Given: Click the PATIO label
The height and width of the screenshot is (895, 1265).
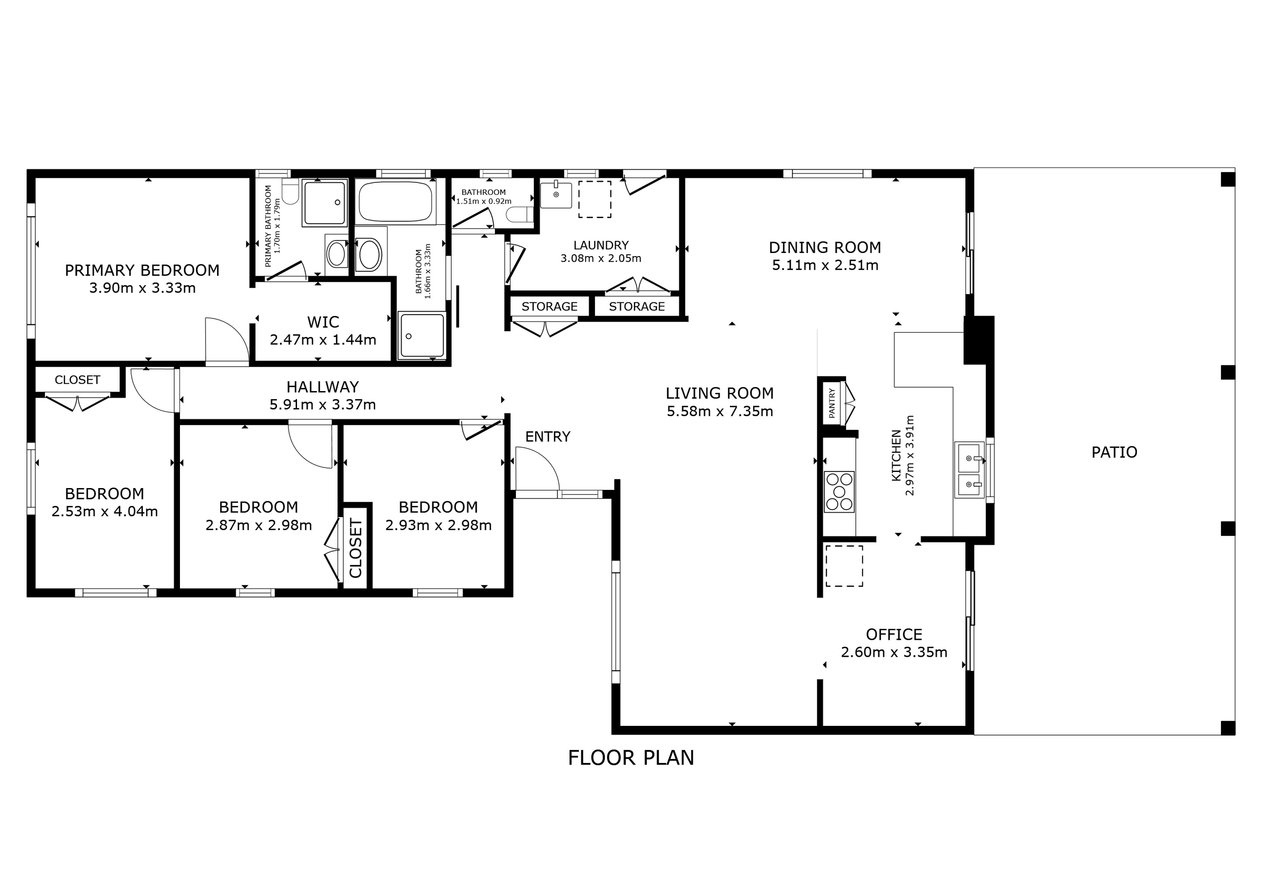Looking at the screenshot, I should coord(1114,452).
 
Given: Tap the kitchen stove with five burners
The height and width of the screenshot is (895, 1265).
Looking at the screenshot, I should coord(839,492).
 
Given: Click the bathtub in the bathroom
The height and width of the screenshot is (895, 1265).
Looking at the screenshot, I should coord(395,202).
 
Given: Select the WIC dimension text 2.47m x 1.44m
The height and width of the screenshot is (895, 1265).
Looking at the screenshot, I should coord(323,340).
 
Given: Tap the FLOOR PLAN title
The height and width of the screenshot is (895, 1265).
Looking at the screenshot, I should coord(631,758).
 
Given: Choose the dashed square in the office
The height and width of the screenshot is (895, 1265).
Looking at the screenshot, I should coord(843,566).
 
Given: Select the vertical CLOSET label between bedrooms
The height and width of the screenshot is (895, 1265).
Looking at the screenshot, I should coord(356,548).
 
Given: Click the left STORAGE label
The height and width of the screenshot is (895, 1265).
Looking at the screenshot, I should coord(550,307).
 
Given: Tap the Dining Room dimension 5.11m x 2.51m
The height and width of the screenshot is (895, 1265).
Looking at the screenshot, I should coord(825,266).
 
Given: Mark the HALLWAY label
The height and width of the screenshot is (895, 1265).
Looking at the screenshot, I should coord(322,387).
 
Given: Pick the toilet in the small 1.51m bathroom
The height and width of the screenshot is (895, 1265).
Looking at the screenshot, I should coord(519,215).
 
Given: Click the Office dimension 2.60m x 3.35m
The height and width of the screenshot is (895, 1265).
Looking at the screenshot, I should coord(894,652).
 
